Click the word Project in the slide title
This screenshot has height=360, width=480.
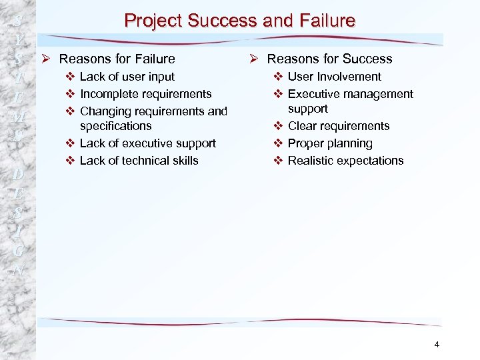point(153,21)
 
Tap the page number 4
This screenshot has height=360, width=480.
point(437,344)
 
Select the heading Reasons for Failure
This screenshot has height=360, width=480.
point(117,59)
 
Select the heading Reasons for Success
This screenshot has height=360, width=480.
point(329,59)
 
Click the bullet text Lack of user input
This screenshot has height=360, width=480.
point(127,77)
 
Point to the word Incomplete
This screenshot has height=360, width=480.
point(107,94)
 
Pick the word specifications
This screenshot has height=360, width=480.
point(115,126)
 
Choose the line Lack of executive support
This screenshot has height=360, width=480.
point(147,143)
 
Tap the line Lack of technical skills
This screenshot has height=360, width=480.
point(139,161)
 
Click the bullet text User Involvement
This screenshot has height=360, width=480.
point(334,77)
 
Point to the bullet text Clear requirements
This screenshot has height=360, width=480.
point(338,126)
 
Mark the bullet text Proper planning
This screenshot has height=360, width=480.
point(330,143)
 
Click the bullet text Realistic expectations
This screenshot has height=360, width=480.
point(345,161)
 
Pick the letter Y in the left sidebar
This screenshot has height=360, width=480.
point(19,40)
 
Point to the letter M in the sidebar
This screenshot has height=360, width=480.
point(19,117)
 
